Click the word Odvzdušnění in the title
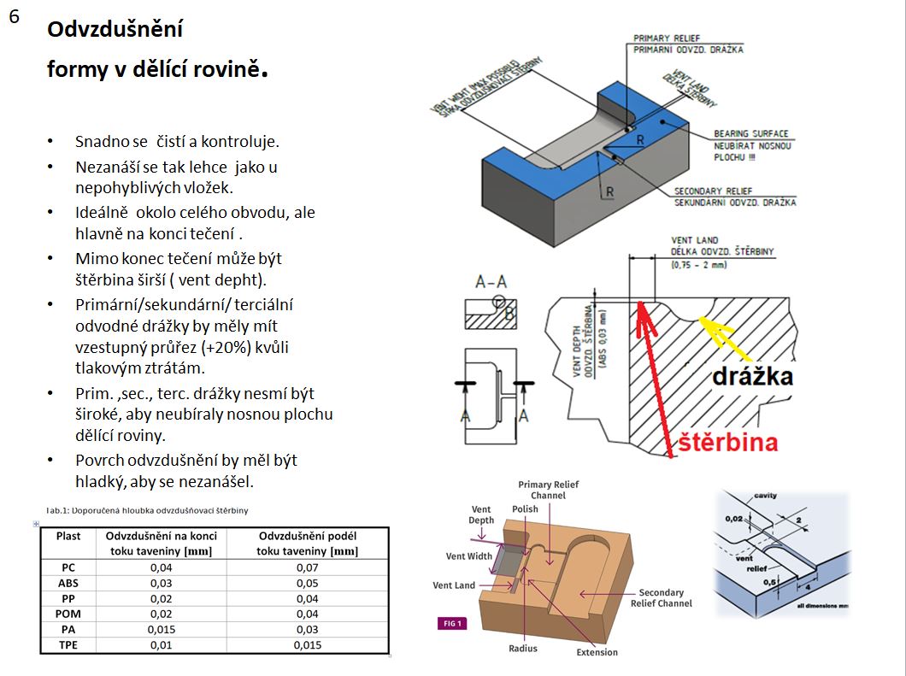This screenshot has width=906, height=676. tap(115, 30)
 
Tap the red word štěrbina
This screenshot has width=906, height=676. tap(728, 442)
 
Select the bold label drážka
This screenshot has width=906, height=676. tap(751, 376)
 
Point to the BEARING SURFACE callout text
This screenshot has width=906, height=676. tap(751, 133)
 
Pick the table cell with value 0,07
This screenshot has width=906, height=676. tap(307, 567)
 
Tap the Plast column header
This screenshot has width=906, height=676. tap(68, 536)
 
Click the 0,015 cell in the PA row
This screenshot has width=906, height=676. tap(162, 629)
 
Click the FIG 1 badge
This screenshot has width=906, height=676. tap(450, 623)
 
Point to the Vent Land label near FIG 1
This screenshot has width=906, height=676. tap(454, 585)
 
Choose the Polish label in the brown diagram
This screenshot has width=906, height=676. tap(525, 508)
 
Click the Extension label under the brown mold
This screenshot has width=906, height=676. tap(597, 652)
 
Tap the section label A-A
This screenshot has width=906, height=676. tap(491, 280)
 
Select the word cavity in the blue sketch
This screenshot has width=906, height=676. tap(765, 496)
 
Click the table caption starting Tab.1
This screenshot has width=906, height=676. tap(147, 510)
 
